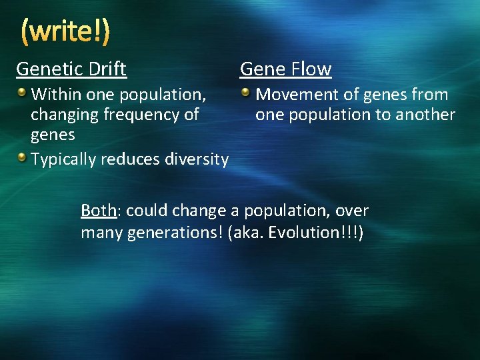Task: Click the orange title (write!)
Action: (65, 31)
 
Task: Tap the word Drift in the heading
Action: (106, 69)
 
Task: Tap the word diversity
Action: (197, 159)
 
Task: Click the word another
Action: (426, 115)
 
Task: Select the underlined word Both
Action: (99, 211)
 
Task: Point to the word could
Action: (147, 211)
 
